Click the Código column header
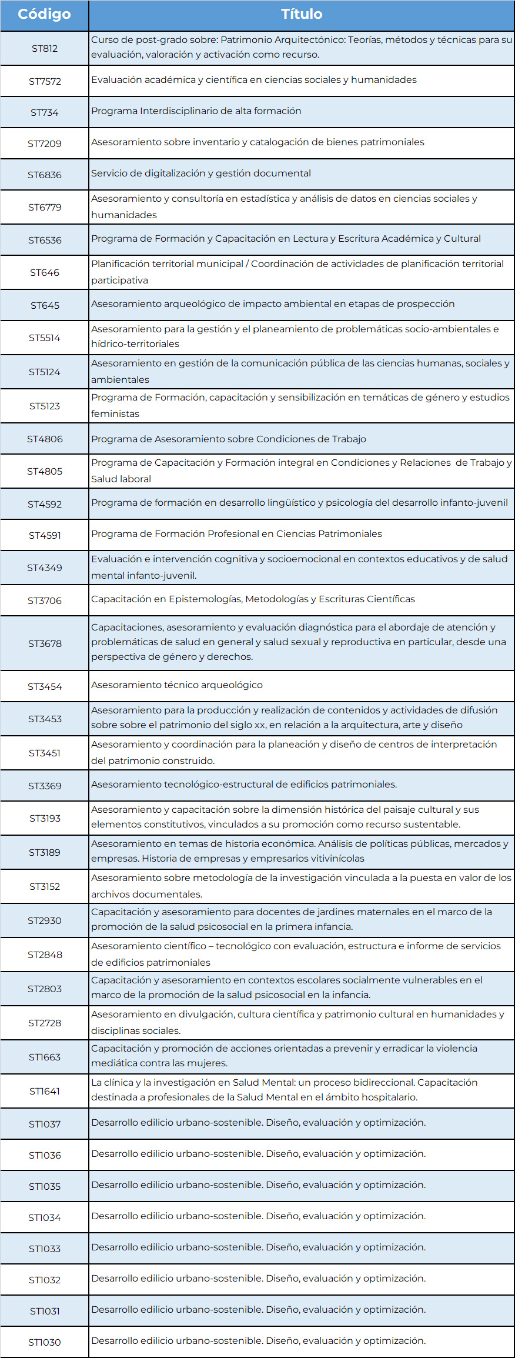tap(44, 14)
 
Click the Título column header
tap(301, 14)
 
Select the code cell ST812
tap(45, 48)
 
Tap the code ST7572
tap(45, 81)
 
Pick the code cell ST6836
tap(45, 175)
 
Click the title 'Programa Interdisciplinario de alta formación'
tap(196, 111)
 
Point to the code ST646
tap(45, 272)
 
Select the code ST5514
tap(45, 338)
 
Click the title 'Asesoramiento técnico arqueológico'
tap(176, 685)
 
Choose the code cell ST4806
tap(45, 439)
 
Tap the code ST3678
tap(45, 643)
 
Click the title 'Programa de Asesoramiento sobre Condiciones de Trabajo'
tap(228, 439)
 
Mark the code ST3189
tap(45, 852)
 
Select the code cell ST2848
tap(45, 955)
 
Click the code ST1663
tap(45, 1057)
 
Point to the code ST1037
tap(45, 1124)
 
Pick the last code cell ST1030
tap(45, 1342)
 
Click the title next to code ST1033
tap(258, 1247)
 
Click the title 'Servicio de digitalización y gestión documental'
tap(200, 173)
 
